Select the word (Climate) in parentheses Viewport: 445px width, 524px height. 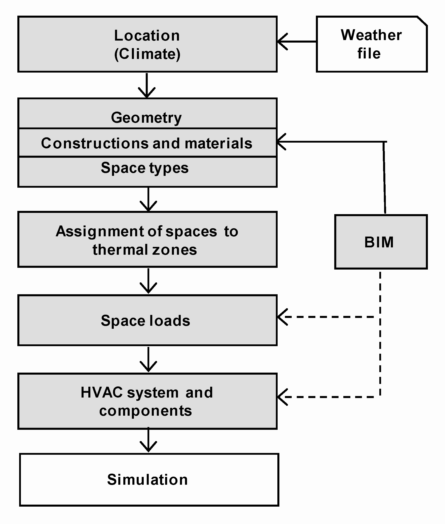pyautogui.click(x=147, y=54)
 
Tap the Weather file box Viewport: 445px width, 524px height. pyautogui.click(x=371, y=44)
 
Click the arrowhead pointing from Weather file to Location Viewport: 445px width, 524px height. pyautogui.click(x=281, y=41)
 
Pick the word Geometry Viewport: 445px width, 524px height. pyautogui.click(x=146, y=118)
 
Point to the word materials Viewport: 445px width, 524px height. pyautogui.click(x=218, y=143)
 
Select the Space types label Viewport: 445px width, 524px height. pyautogui.click(x=144, y=168)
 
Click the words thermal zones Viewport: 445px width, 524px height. pyautogui.click(x=144, y=250)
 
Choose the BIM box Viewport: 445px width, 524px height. pyautogui.click(x=381, y=242)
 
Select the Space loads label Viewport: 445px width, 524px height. pyautogui.click(x=145, y=321)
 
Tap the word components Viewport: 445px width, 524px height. pyautogui.click(x=145, y=411)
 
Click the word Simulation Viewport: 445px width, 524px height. pyautogui.click(x=147, y=479)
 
